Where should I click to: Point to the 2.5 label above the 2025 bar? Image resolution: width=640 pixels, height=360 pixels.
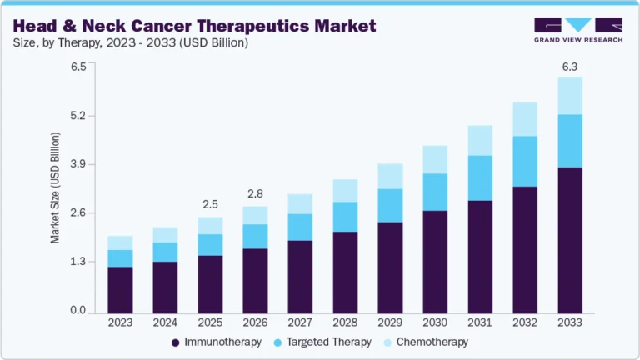pyautogui.click(x=210, y=204)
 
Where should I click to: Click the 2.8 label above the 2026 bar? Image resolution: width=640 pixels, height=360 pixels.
pyautogui.click(x=255, y=193)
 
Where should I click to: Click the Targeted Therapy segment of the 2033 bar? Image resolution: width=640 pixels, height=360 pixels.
pyautogui.click(x=570, y=141)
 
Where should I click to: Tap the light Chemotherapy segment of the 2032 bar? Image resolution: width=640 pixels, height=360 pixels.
pyautogui.click(x=525, y=119)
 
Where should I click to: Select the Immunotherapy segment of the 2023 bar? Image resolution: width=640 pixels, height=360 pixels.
pyautogui.click(x=120, y=289)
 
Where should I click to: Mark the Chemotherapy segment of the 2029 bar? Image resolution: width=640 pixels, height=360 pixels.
pyautogui.click(x=390, y=176)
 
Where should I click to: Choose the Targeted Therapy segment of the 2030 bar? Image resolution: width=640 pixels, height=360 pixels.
pyautogui.click(x=435, y=192)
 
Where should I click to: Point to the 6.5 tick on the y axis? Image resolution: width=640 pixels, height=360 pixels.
pyautogui.click(x=78, y=67)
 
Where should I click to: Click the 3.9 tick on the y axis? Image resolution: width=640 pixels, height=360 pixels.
pyautogui.click(x=78, y=164)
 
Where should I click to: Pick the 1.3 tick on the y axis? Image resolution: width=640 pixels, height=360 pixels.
pyautogui.click(x=78, y=262)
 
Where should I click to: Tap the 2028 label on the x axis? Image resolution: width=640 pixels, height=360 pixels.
pyautogui.click(x=345, y=322)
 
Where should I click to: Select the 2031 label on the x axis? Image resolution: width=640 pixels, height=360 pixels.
pyautogui.click(x=480, y=322)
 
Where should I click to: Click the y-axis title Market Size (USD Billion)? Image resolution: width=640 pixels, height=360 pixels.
pyautogui.click(x=56, y=187)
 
